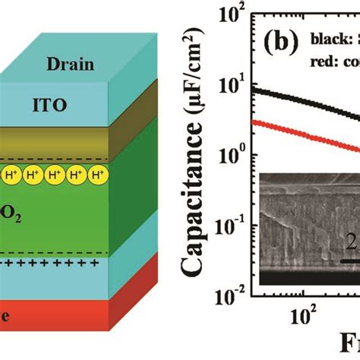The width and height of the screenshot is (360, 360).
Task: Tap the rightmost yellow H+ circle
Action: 97,175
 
